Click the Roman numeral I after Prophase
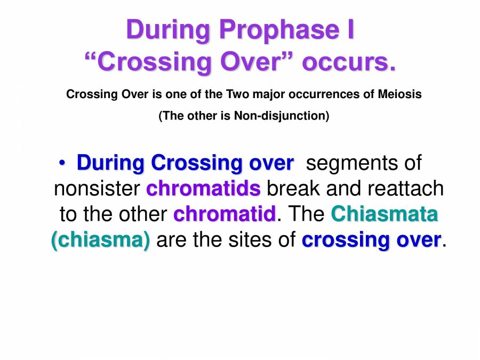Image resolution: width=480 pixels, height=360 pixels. pos(347,30)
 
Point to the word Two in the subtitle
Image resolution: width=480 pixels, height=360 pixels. pos(237,94)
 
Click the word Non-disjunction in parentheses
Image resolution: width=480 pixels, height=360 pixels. pos(279,116)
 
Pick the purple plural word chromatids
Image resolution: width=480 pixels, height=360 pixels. pos(203,188)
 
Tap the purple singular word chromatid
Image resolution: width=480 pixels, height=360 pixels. pos(225,214)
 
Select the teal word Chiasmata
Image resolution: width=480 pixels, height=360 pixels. pos(385,214)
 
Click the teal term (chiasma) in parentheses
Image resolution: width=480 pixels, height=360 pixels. pos(100,240)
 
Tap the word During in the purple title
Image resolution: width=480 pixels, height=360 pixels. pos(163,30)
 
